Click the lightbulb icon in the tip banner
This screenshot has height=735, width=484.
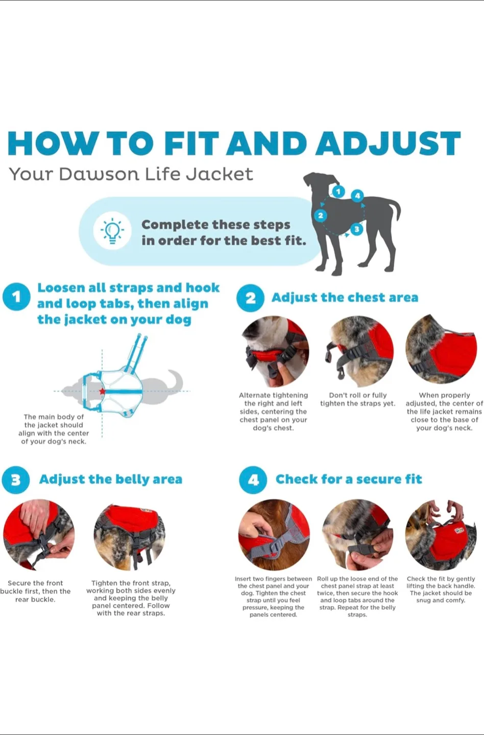point(112,231)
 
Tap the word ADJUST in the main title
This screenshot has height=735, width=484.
point(388,143)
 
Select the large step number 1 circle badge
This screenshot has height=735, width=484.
point(16,297)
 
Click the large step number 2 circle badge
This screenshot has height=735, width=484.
point(250,298)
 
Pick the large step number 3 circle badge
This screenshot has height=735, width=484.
point(16,480)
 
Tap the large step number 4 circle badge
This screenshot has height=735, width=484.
point(253,480)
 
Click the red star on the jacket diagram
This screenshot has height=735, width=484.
point(103,391)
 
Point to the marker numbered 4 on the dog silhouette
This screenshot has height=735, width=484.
point(357,195)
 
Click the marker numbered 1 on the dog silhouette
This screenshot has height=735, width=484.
point(338,192)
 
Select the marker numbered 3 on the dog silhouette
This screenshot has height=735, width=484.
point(356,229)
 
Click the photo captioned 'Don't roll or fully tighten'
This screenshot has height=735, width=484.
point(360,352)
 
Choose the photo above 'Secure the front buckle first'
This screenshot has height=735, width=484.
point(39,534)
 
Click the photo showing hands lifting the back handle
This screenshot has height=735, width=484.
point(441,534)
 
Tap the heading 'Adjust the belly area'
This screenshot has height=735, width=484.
point(111,479)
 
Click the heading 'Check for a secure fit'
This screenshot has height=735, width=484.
point(349,479)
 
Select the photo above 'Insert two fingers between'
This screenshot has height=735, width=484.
point(274,534)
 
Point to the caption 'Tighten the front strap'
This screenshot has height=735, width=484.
point(131,583)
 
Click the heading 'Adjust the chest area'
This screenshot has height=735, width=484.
point(345,298)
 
